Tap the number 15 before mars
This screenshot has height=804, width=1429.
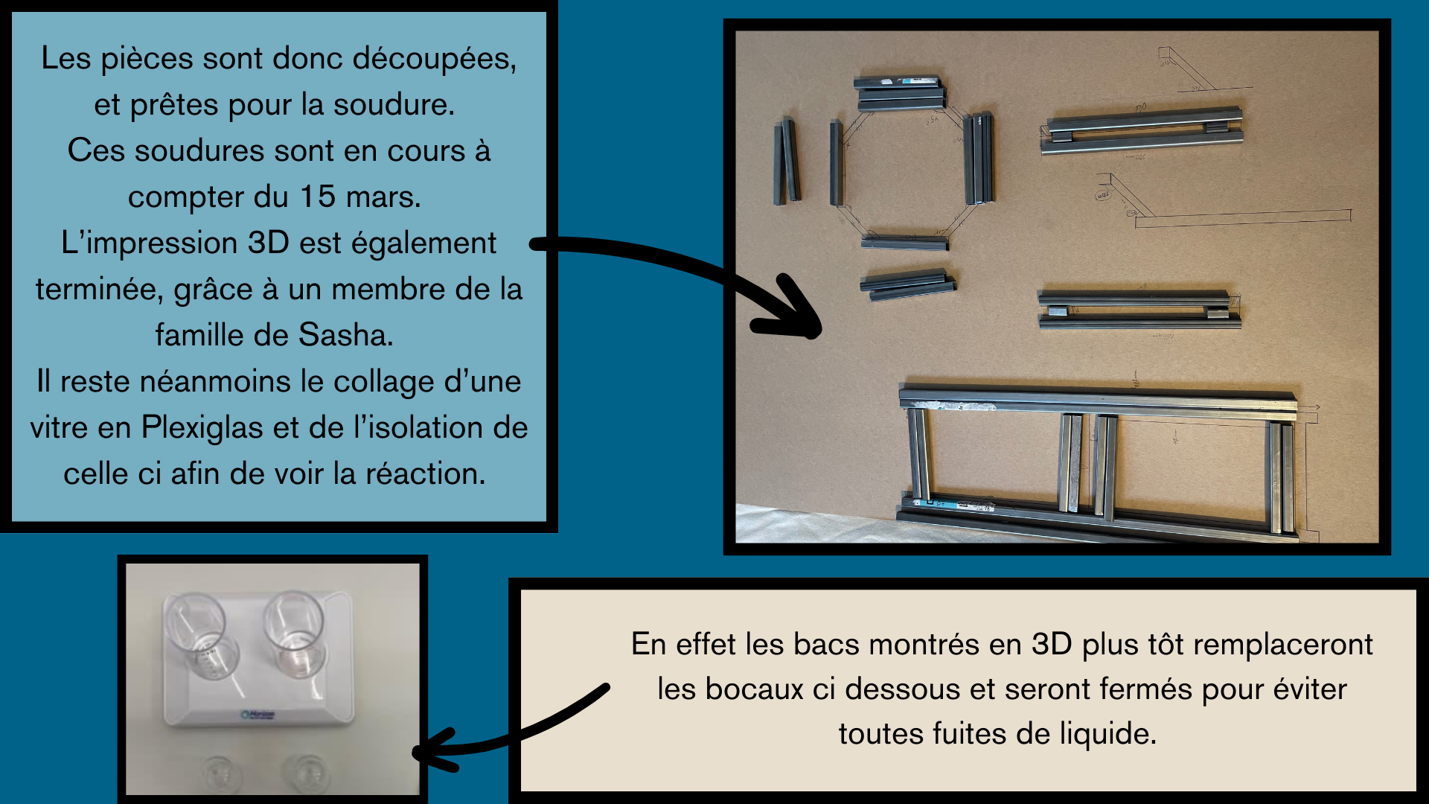point(317,197)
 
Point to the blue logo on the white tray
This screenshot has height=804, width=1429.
point(258,715)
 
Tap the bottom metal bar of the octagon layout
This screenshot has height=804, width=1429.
point(905,242)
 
